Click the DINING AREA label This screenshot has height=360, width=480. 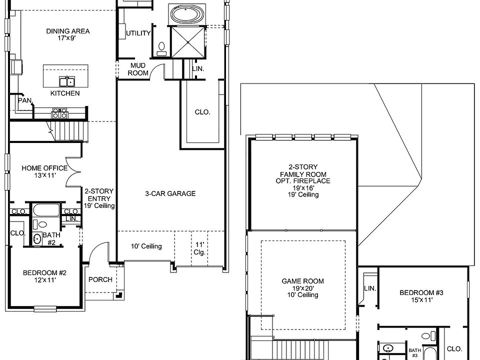68,31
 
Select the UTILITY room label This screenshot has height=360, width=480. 138,33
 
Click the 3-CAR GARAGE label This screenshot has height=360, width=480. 170,193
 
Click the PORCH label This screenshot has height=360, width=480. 100,279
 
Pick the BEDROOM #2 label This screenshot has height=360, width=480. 45,273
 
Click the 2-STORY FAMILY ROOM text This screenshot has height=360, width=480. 302,173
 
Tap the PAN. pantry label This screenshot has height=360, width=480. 25,100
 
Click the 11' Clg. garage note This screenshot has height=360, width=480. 200,248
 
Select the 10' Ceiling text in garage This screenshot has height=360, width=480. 146,246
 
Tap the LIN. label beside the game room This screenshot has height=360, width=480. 370,288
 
